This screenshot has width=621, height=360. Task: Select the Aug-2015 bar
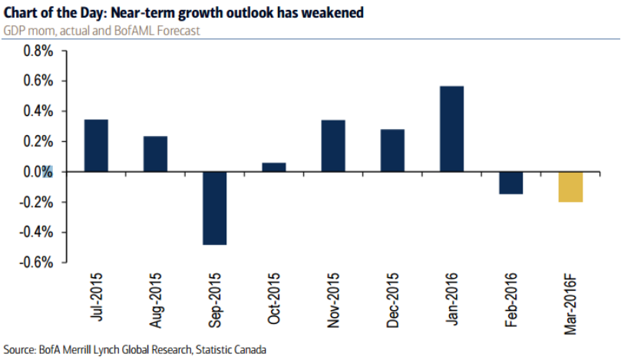[x=155, y=154]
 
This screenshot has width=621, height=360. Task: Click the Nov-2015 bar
[x=333, y=146]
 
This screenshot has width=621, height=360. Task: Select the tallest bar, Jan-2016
[x=451, y=129]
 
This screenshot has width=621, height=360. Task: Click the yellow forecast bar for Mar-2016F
[x=570, y=187]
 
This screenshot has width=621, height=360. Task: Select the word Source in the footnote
[x=21, y=350]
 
